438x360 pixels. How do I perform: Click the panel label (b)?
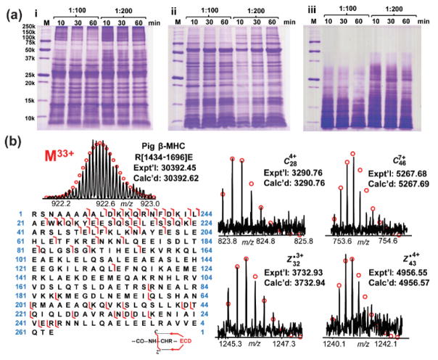tap(9, 149)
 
